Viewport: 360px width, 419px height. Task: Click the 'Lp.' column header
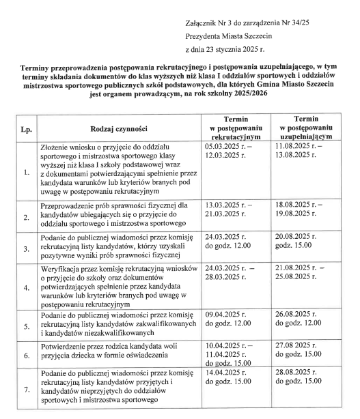(x=25, y=128)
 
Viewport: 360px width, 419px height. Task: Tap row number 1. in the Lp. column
(x=25, y=172)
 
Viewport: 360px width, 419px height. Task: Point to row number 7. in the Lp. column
(x=25, y=390)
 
